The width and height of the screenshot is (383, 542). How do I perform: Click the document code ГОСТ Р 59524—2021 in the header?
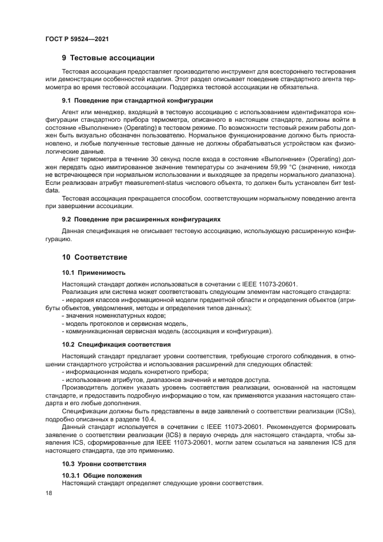pyautogui.click(x=77, y=38)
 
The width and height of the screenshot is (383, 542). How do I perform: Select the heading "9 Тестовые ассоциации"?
pyautogui.click(x=108, y=58)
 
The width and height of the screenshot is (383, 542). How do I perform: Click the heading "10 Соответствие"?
pyautogui.click(x=94, y=257)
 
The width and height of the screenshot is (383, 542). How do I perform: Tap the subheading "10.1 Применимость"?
pyautogui.click(x=93, y=272)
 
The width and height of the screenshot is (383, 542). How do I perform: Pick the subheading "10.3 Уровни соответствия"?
pyautogui.click(x=104, y=464)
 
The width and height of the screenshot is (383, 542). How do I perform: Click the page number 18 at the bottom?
pyautogui.click(x=48, y=493)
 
